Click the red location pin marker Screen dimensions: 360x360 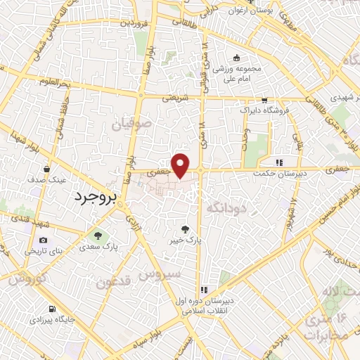pos(181,165)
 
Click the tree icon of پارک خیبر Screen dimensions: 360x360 pos(185,229)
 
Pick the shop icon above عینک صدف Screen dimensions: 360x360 pos(46,169)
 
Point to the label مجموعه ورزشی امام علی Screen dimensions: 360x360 pos(238,73)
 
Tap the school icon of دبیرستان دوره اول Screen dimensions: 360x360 pos(204,288)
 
